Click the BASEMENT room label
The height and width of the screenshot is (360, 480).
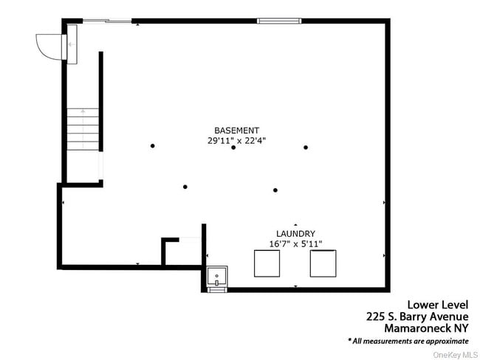coord(236,130)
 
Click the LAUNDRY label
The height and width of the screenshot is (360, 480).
coord(295,233)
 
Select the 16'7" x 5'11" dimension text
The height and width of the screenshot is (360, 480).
coord(295,243)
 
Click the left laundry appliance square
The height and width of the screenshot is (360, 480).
coord(267,263)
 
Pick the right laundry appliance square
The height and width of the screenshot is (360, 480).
coord(323,263)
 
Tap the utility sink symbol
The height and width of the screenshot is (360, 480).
coord(217,277)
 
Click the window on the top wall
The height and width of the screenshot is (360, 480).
coord(279,21)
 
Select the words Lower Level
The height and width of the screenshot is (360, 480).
coord(438,304)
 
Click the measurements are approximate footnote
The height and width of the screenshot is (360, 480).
coord(408,341)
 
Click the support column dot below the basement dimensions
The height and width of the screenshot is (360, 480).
coord(233,148)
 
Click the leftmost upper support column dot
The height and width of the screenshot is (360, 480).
coord(153,145)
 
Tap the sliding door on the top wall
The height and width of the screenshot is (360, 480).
coord(106,21)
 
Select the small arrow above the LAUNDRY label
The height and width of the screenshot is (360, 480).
coord(295,224)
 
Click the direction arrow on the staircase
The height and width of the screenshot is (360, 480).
coord(83,113)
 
